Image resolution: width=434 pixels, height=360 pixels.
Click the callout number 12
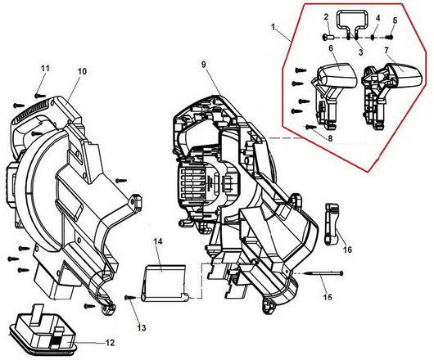[x=110, y=343]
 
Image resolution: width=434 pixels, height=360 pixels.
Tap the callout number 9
[x=204, y=65]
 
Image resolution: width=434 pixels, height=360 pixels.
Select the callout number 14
[x=158, y=241]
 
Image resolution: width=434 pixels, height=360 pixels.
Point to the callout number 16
[x=347, y=250]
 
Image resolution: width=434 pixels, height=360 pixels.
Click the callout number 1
[x=274, y=27]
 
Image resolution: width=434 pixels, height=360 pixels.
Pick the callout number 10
[x=82, y=71]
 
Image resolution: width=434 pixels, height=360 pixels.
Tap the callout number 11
[x=45, y=68]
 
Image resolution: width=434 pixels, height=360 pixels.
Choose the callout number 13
[x=142, y=328]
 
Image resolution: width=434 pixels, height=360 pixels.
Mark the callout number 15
[x=328, y=297]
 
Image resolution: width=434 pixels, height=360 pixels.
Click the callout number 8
[x=330, y=138]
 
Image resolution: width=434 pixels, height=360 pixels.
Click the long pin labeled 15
[x=323, y=273]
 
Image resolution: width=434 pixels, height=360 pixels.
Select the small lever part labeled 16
[x=332, y=224]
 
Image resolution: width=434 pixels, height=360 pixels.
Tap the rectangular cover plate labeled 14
[x=165, y=282]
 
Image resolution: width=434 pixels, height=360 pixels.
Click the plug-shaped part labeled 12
[x=42, y=331]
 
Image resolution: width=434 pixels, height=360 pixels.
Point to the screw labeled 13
[x=129, y=297]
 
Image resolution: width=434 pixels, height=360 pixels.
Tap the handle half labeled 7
[x=391, y=96]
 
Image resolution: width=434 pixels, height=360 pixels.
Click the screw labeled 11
[x=40, y=96]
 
